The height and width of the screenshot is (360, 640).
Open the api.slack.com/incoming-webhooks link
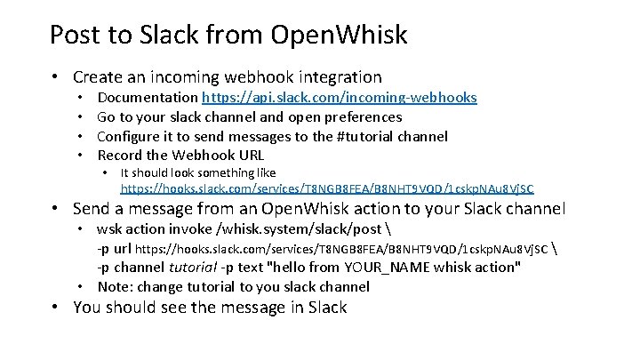[340, 97]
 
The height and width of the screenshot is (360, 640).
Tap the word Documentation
[148, 97]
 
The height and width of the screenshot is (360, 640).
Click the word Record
[121, 156]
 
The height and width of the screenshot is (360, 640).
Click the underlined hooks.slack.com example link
[327, 188]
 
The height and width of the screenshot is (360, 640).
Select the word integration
[338, 77]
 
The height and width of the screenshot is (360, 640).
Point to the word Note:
[116, 286]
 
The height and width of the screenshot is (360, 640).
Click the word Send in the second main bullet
[94, 210]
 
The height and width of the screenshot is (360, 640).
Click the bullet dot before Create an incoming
[56, 77]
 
